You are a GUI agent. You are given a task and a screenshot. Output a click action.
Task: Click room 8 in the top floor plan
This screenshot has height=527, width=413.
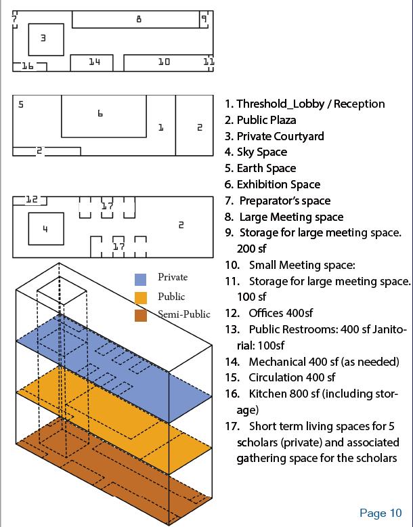(135, 19)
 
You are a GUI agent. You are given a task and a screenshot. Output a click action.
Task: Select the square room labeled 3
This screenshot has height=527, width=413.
(45, 39)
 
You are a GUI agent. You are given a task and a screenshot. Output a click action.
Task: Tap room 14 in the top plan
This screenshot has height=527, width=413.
(94, 62)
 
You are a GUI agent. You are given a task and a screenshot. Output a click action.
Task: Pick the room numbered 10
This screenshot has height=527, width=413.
(164, 62)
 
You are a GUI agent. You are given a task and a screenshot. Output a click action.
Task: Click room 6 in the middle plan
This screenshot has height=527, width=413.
(103, 116)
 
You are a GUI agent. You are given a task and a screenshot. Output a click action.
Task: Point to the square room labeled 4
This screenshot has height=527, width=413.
(45, 229)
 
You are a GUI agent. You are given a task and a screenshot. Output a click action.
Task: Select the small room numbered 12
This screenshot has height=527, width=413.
(32, 200)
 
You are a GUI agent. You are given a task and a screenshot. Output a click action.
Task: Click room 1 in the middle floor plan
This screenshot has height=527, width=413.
(161, 127)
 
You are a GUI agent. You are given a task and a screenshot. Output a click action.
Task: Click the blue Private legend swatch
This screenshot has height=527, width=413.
(141, 278)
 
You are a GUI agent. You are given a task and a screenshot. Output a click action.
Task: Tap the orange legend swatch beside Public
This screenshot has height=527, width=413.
(141, 297)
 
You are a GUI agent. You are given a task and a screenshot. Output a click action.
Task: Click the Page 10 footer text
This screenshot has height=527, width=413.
(381, 512)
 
